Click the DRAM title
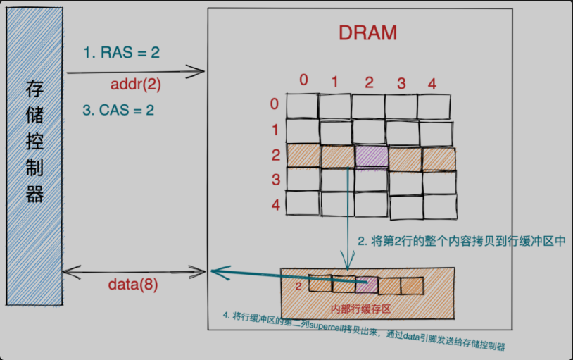click(x=367, y=33)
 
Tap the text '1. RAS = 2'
click(x=121, y=53)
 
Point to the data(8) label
click(x=132, y=285)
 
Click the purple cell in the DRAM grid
click(x=371, y=156)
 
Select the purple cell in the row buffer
click(x=366, y=285)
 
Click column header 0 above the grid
click(x=303, y=80)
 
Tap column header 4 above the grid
click(x=432, y=84)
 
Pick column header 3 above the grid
click(x=401, y=84)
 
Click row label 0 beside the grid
click(x=275, y=105)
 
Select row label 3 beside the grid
click(x=276, y=180)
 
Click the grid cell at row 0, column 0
click(x=303, y=106)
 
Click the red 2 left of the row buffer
click(x=298, y=286)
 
